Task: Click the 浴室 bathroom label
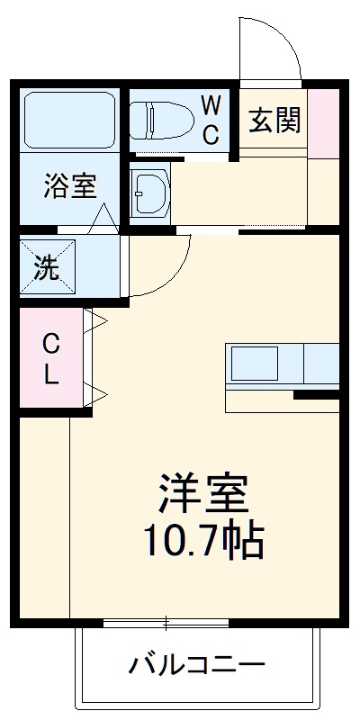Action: coord(70,187)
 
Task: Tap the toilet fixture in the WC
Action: coord(163,119)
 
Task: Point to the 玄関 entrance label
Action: coord(274,120)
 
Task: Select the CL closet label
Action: coord(51,358)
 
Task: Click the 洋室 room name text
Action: coord(203,492)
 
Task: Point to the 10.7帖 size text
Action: coord(203,539)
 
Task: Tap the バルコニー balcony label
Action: coord(198,667)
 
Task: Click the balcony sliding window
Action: coord(166,623)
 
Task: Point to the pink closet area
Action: coord(50,358)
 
